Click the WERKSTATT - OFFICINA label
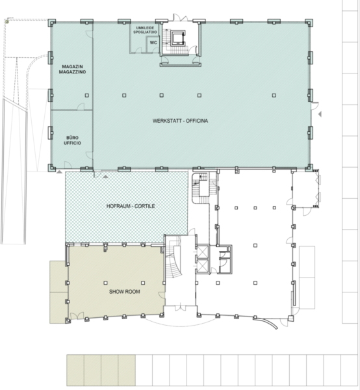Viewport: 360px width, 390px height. tap(180, 121)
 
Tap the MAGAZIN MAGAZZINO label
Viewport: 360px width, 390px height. tap(72, 69)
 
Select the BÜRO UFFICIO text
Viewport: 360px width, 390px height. tap(72, 140)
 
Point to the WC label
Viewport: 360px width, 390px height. tap(153, 42)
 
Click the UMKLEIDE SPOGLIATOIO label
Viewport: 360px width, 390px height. tap(145, 30)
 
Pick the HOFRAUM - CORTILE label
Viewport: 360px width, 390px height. tap(131, 206)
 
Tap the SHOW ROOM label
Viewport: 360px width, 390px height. tap(125, 291)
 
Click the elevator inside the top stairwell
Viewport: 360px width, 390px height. tap(178, 38)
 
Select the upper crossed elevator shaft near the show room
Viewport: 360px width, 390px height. tap(203, 252)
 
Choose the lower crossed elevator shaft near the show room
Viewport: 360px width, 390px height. tap(203, 266)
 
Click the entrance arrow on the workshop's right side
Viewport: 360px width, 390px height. tap(320, 114)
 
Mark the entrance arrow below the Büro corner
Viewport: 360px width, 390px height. tap(59, 172)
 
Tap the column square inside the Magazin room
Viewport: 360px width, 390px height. tap(87, 96)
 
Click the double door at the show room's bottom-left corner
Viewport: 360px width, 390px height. tap(77, 315)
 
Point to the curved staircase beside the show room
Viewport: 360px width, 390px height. tap(174, 264)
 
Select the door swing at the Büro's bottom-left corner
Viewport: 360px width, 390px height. tap(68, 164)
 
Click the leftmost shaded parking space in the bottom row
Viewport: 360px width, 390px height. tap(75, 370)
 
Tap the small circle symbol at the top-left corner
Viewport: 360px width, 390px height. tap(7, 22)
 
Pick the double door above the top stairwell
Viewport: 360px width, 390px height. tap(180, 18)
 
